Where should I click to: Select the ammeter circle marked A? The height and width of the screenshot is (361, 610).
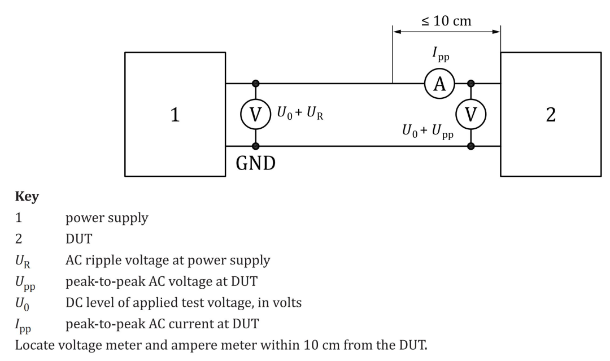point(439,84)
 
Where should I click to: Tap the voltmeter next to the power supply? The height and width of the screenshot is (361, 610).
point(256,115)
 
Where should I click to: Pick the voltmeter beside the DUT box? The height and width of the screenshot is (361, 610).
point(470,115)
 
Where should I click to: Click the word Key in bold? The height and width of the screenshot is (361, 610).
point(25,197)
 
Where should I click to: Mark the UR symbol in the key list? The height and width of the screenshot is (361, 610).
point(23,261)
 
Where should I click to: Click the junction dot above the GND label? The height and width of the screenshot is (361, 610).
point(256,146)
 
